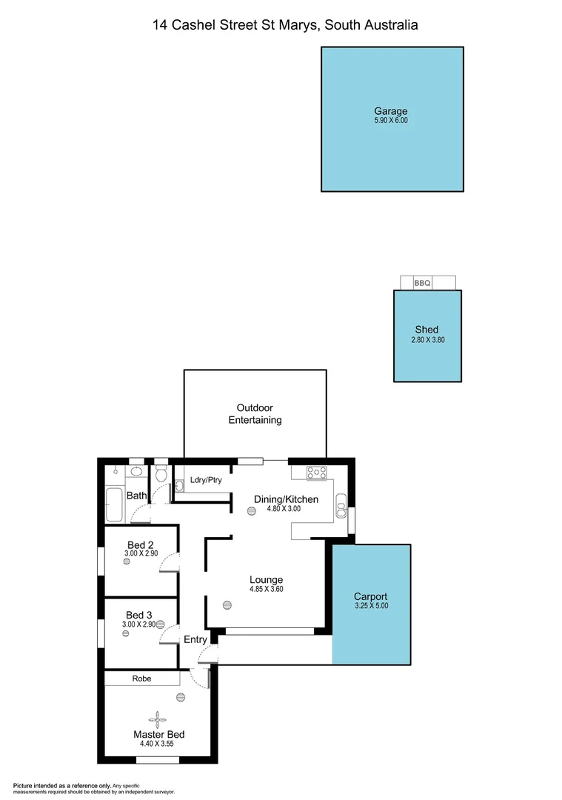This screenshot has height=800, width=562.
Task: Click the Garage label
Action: [x=392, y=111]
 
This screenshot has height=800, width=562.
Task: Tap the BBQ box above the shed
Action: [x=422, y=283]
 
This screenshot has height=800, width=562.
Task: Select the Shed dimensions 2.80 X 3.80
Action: [x=427, y=340]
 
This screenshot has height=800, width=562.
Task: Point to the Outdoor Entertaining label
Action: [x=255, y=413]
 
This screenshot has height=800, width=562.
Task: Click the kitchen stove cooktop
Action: [x=316, y=471]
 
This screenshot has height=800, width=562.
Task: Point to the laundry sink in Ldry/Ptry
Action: [x=179, y=487]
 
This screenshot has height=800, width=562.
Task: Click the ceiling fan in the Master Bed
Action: [x=158, y=716]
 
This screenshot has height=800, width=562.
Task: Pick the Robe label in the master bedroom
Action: [x=142, y=678]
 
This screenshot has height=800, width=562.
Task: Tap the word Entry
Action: [x=195, y=639]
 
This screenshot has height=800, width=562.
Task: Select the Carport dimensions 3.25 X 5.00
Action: [x=371, y=606]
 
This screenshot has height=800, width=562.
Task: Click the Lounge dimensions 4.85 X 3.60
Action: [x=267, y=590]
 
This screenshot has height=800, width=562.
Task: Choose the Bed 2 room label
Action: [x=139, y=544]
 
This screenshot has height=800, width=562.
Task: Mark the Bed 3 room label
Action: [x=139, y=615]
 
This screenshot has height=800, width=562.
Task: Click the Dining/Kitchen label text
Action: [x=286, y=499]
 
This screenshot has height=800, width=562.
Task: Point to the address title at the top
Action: [x=285, y=25]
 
